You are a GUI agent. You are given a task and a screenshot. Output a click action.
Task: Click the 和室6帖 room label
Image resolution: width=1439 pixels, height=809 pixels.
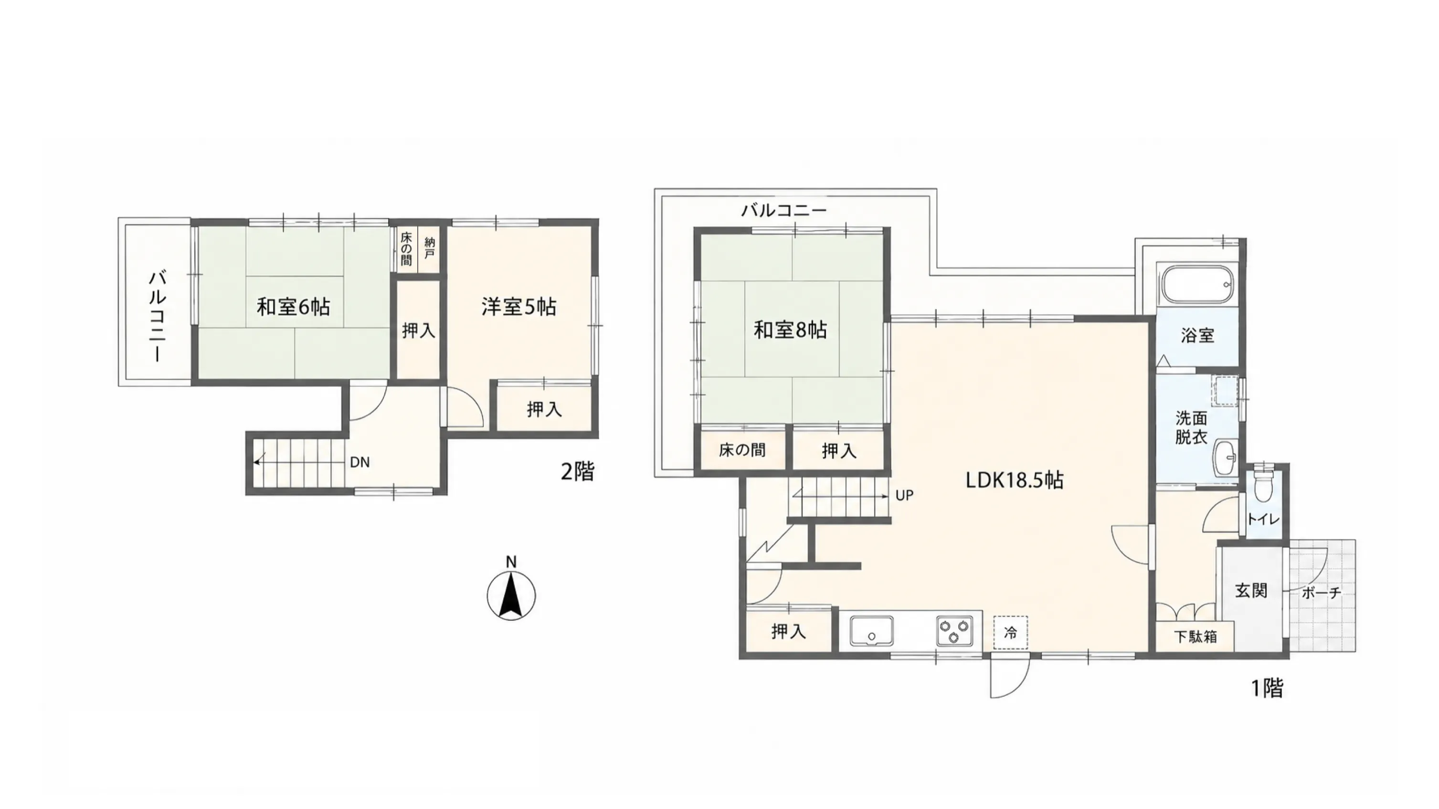pos(293,307)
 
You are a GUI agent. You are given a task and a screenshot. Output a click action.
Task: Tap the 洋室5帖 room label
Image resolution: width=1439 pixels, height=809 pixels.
pos(519,307)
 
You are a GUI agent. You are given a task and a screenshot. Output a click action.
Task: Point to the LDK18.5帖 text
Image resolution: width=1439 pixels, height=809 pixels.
pos(1015,480)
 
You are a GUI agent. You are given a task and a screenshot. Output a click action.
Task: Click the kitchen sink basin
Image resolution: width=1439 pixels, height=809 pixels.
pos(871,631)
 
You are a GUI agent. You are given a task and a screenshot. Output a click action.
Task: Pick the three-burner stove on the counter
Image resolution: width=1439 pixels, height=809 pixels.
pos(955,631)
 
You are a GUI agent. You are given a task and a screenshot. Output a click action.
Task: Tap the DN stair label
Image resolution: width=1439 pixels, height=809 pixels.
pos(360,463)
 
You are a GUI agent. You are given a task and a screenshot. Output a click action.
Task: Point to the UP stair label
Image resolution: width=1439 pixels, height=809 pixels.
pos(904,496)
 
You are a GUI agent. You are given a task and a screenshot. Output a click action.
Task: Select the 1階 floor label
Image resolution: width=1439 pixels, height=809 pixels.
pos(1267,688)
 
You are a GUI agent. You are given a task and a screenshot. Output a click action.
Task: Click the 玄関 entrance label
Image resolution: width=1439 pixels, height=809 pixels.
pos(1251,591)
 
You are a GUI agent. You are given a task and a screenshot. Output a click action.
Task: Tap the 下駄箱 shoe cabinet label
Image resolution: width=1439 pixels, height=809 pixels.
pos(1196,637)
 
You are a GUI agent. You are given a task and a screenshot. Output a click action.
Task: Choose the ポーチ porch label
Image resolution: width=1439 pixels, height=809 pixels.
pos(1321,593)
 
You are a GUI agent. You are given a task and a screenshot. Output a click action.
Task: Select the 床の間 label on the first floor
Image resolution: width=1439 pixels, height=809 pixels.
pos(742,450)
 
